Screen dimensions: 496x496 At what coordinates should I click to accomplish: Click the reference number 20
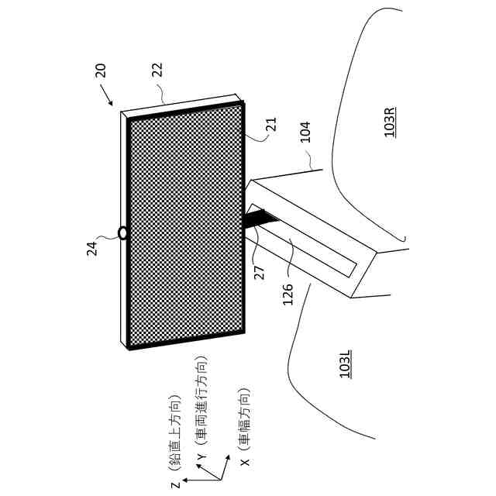[101, 70]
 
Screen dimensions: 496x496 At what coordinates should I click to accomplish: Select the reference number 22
[157, 70]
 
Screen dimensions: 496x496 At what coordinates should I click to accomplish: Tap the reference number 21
[270, 124]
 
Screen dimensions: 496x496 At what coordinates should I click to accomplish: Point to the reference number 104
[305, 131]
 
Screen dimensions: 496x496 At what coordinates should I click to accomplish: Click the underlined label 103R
[390, 122]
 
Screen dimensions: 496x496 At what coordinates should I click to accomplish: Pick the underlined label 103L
[346, 363]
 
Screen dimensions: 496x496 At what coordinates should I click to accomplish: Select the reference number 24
[91, 248]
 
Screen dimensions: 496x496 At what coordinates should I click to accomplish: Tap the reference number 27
[260, 272]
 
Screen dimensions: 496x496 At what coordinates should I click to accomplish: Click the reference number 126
[288, 294]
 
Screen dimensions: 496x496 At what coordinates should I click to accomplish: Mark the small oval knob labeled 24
[122, 232]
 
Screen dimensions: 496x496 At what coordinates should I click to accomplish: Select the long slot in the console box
[302, 240]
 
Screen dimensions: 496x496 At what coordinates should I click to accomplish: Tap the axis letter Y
[201, 457]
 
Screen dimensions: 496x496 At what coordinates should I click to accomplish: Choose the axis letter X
[245, 462]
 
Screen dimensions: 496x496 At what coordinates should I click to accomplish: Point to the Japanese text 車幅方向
[245, 418]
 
